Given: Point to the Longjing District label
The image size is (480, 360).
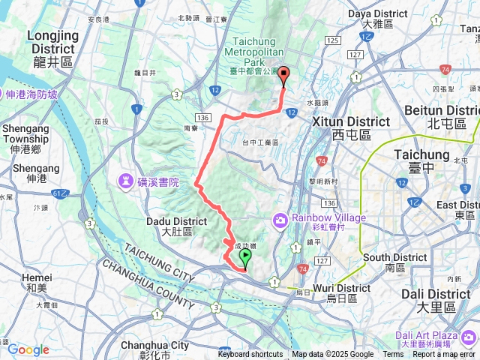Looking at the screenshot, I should tap(52, 49).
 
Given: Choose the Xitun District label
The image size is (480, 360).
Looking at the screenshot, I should tap(363, 127).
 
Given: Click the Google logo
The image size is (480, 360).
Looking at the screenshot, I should tap(28, 349).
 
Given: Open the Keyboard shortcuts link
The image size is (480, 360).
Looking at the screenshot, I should tap(250, 355).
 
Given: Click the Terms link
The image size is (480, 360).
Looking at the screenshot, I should tap(393, 355).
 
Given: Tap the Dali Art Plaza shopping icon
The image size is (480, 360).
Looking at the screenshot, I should tap(470, 336).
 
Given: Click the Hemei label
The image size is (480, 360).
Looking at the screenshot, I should tap(37, 281).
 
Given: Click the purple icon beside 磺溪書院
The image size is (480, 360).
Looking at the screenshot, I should tap(124, 182).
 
